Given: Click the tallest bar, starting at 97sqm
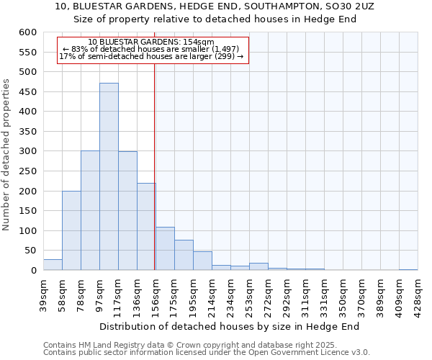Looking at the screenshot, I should [x=109, y=176].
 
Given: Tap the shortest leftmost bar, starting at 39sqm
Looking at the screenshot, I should [x=53, y=264].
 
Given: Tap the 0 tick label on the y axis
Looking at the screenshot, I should [x=33, y=271].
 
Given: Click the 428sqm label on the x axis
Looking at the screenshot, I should [x=418, y=294].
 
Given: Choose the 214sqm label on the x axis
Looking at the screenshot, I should [x=212, y=294].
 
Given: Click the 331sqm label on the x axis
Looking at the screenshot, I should [x=324, y=294].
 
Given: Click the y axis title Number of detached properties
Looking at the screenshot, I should [x=6, y=156].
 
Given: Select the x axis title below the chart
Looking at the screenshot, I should [x=229, y=326].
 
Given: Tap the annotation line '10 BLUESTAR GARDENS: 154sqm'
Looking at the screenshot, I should [x=151, y=42].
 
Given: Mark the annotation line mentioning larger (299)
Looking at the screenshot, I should [x=151, y=56].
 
